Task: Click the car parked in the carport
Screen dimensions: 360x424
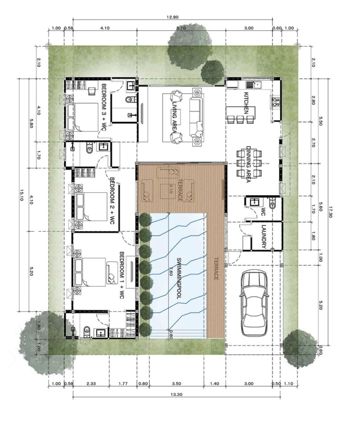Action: click(x=254, y=303)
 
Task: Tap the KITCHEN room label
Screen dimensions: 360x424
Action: click(x=246, y=103)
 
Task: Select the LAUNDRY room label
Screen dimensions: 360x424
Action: click(x=264, y=236)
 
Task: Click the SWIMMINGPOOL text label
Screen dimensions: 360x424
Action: click(x=179, y=278)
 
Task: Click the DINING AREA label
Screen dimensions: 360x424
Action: click(x=248, y=164)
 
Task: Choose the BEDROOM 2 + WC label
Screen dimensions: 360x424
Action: click(x=112, y=201)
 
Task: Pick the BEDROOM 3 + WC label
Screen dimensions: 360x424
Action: click(x=104, y=107)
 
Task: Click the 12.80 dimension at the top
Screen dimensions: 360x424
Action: click(x=173, y=17)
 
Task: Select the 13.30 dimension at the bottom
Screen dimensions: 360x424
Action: click(x=176, y=395)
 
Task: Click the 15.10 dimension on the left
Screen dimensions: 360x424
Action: click(x=22, y=195)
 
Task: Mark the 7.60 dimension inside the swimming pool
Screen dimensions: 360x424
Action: click(x=171, y=271)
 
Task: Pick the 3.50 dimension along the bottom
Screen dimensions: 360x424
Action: click(x=176, y=384)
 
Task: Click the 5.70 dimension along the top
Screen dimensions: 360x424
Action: click(x=181, y=28)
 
